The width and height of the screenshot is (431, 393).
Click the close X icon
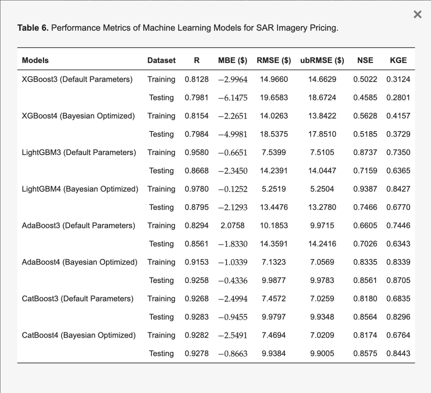pos(417,15)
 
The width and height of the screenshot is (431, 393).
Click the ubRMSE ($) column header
pos(322,60)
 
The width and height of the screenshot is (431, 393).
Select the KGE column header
pos(398,60)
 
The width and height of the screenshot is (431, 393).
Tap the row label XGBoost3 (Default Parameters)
pos(77,80)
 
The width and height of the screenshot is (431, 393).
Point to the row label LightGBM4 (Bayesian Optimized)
pos(80,189)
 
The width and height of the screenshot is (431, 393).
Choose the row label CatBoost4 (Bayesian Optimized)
pos(79,335)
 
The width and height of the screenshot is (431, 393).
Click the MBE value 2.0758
pos(232,225)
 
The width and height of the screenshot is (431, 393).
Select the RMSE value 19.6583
pos(274,98)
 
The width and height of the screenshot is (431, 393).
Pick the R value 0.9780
pos(197,189)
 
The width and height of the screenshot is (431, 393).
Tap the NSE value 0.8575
pos(365,354)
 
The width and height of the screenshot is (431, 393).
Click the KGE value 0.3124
pos(398,80)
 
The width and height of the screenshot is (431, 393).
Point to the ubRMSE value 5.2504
pos(322,189)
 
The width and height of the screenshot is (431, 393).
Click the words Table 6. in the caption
pos(33,28)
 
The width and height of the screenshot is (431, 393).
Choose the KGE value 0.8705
pos(398,280)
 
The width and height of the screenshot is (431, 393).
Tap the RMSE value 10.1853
pos(274,225)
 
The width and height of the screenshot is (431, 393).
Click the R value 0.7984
pos(197,134)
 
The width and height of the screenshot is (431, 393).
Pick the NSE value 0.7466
pos(365,207)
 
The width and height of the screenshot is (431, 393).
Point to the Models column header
pos(35,60)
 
